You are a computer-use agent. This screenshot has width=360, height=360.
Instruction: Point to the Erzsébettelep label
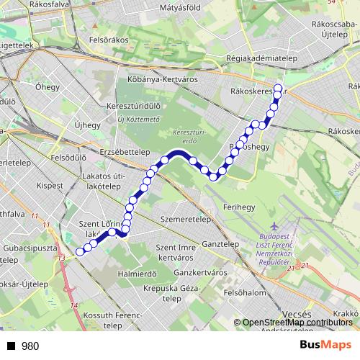coord(125,152)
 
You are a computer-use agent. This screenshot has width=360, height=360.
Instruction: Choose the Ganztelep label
coord(220,244)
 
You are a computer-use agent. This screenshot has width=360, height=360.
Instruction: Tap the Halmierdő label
coord(137,274)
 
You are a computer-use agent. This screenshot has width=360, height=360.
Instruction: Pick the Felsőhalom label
coord(245,293)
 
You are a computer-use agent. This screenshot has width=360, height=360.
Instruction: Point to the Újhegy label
coord(88,125)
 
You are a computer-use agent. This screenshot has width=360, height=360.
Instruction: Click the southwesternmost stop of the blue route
coord(78,251)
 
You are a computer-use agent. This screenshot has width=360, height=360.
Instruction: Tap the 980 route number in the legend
coord(30,346)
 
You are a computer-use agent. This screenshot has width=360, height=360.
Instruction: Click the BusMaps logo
coord(325,345)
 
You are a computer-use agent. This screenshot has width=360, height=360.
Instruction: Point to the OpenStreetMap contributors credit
coord(297,323)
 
